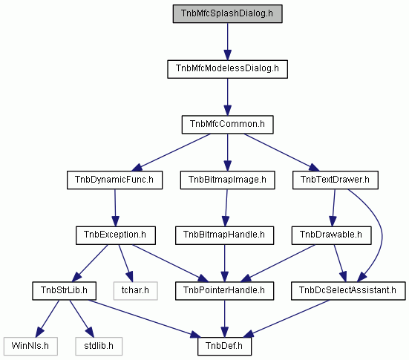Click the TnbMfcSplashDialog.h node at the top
227,13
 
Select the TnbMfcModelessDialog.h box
227,69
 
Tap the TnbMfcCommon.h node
227,125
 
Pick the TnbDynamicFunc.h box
115,180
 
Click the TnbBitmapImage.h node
227,180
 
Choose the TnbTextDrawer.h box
336,180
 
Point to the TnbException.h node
116,235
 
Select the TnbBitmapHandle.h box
225,235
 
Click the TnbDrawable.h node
332,235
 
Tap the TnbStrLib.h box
64,291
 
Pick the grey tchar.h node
135,291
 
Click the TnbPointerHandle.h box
225,291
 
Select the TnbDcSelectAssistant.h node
348,291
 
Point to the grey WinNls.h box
30,346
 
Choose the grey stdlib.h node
99,346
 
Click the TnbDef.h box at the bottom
225,346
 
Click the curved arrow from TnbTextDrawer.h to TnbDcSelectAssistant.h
382,235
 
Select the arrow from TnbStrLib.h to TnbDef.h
143,318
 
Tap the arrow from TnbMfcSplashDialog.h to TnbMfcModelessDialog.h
227,42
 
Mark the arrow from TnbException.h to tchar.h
125,263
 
